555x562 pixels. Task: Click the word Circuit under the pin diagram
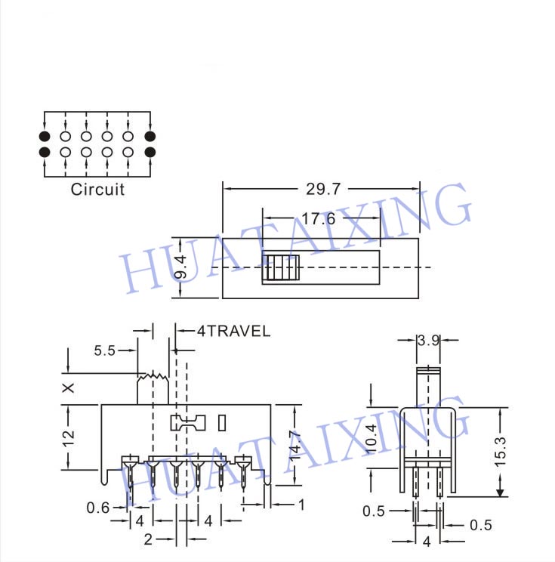click(97, 189)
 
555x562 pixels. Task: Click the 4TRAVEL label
click(233, 331)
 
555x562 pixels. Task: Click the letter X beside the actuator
click(69, 388)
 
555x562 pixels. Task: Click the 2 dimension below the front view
click(149, 539)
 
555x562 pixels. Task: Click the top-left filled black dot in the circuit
click(45, 137)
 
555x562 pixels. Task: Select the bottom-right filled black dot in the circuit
click(150, 152)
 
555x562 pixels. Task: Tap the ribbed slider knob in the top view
click(281, 268)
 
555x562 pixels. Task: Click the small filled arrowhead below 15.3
click(500, 493)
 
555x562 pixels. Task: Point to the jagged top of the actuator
click(151, 375)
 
